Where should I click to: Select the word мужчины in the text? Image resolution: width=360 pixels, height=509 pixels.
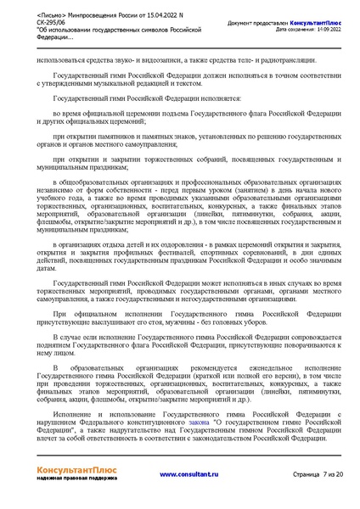212,322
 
